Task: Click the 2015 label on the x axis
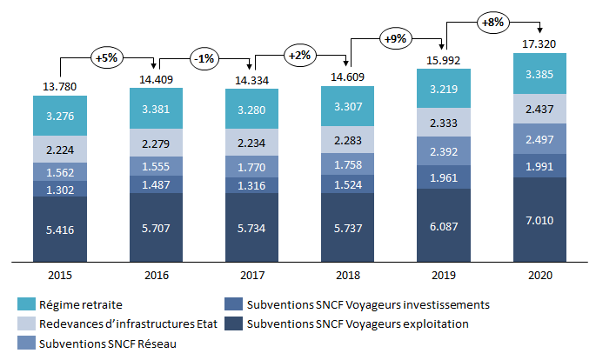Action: [60, 275]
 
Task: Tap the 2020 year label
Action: [539, 275]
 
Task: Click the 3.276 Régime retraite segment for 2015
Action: [60, 115]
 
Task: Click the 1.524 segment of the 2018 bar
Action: [347, 184]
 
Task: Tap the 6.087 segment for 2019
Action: [444, 224]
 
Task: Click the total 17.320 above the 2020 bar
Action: [539, 43]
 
